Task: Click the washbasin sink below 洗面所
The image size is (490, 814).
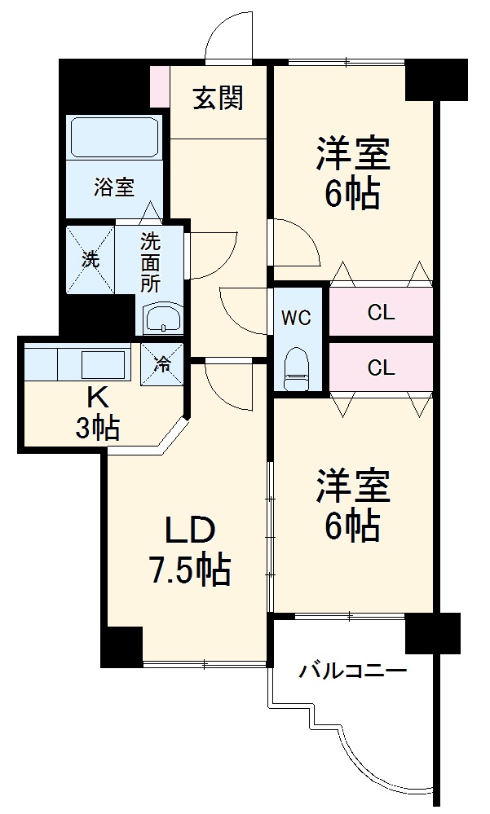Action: coord(163,319)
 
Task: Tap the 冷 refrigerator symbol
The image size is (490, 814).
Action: coord(162,362)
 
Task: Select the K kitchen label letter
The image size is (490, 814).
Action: coord(97,398)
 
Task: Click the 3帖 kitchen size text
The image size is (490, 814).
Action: coord(98,426)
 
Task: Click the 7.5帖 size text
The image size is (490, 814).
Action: coord(189,570)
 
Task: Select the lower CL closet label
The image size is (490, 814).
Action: coord(381,367)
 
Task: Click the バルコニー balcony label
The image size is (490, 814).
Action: coord(352,672)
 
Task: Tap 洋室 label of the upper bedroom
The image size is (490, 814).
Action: coord(353,154)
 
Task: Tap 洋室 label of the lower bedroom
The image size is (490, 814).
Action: coord(353,486)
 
